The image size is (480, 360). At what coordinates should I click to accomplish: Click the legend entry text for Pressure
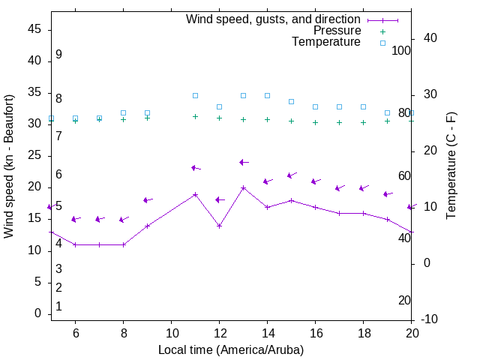coord(337,31)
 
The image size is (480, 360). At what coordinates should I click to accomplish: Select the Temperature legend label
coord(326,42)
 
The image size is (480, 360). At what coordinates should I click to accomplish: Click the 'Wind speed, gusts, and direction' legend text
coord(274,19)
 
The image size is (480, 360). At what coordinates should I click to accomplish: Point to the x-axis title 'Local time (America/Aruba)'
coord(231,349)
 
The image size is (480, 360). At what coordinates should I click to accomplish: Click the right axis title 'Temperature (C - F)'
coord(451,166)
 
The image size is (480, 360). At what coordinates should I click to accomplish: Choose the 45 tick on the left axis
coord(34,29)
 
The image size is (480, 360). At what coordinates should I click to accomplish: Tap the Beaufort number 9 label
coord(58,55)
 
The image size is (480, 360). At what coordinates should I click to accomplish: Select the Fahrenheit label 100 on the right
coord(401,50)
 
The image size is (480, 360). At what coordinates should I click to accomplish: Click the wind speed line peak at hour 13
coord(243,187)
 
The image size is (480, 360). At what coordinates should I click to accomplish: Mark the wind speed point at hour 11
coord(195,194)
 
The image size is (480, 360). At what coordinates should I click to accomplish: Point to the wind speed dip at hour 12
coord(219,226)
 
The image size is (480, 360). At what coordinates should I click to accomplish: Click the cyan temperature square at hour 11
coord(195,95)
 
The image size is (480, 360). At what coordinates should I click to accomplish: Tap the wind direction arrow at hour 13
coord(243,162)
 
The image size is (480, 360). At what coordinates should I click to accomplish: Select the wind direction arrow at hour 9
coord(147,200)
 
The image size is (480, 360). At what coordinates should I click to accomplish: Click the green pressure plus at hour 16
coord(315,122)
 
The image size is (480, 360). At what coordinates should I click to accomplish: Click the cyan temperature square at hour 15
coord(291,101)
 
